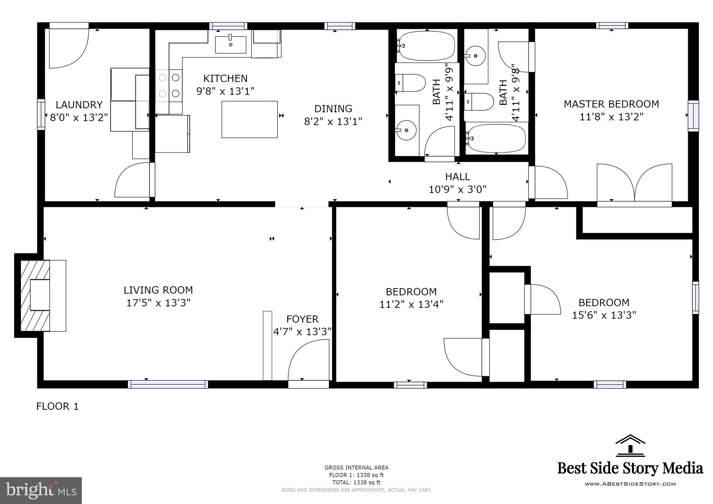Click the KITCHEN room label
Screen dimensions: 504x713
coord(225,78)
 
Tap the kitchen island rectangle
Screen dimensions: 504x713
coord(250,119)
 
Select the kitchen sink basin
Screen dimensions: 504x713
coord(230,45)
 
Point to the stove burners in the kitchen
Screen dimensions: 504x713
coord(169,86)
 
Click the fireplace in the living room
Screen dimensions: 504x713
coord(35,296)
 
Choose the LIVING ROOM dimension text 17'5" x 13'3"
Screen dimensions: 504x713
coord(158,303)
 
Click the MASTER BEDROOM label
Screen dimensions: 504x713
coord(611,104)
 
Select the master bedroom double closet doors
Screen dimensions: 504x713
coord(634,183)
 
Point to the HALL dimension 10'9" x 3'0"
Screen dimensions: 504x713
coord(457,189)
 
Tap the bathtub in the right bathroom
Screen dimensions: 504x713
coord(496,138)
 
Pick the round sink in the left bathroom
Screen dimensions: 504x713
coord(406,130)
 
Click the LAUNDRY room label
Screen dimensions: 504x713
coord(79,105)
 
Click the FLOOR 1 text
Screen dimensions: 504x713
coord(57,406)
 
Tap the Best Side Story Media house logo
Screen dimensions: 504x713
coord(630,446)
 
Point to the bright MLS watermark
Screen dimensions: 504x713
coord(41,490)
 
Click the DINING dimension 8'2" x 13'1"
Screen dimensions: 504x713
coord(333,121)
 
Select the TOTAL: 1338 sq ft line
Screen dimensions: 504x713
coord(356,482)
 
